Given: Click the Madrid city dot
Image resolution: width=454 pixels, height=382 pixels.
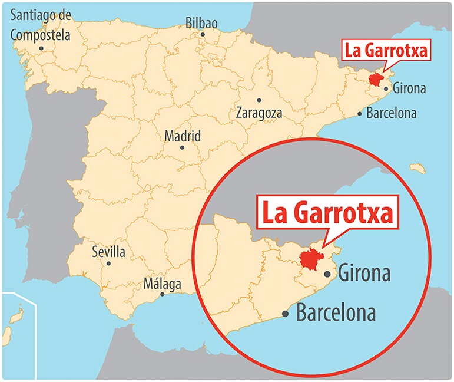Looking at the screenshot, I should pos(182,147).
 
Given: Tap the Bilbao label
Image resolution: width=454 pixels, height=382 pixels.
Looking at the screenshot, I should pos(201,23).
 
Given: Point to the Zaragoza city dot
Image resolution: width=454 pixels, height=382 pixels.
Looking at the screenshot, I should pos(259,100).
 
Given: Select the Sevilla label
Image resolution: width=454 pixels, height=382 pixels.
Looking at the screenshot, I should pos(108,252).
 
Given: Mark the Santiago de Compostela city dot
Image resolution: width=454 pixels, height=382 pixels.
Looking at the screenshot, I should pos(41,48).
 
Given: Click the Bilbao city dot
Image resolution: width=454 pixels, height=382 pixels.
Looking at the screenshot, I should pos(203,34).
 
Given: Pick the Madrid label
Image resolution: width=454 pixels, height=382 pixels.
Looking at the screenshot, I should pos(183,136).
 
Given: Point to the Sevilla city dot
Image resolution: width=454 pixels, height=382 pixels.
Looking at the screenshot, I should pos(108,263).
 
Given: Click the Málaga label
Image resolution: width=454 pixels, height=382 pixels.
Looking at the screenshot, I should pos(163,284).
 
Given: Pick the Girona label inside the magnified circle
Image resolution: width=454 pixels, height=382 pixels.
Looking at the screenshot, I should pos(365,274).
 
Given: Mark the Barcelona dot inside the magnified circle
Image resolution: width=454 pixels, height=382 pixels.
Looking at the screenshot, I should pos(286,314).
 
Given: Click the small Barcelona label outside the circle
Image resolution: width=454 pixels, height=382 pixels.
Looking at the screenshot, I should pos(391,113).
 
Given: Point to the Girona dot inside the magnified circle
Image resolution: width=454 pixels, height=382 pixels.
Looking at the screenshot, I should pos(328,274).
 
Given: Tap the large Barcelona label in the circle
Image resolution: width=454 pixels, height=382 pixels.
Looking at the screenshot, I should pos(336,313).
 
